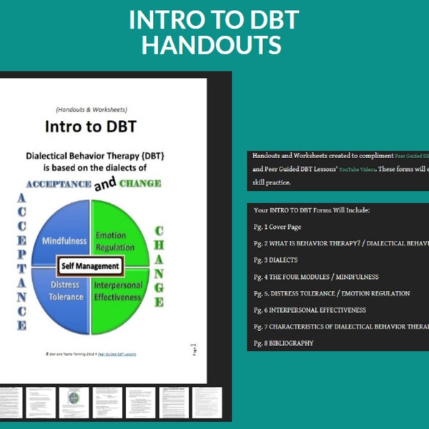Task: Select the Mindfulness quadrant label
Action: (x=64, y=241)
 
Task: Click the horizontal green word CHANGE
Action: (x=139, y=183)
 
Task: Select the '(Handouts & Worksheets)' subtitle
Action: (x=90, y=109)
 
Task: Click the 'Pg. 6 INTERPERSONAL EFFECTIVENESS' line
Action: (x=310, y=310)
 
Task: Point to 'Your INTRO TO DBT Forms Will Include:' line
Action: (x=311, y=210)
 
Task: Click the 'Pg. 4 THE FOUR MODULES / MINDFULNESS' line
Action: (x=315, y=277)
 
